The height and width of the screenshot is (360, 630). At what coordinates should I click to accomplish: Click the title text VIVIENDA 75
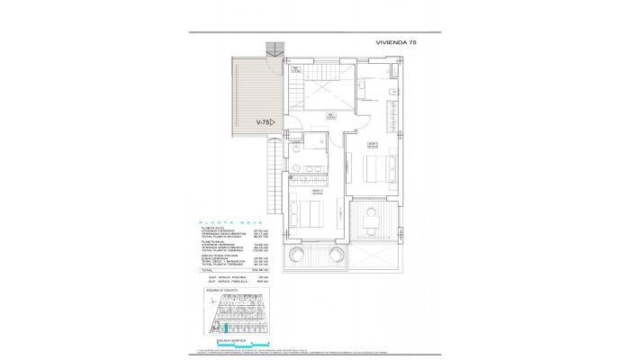(x=403, y=42)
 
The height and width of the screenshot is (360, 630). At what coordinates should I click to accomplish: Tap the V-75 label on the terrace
(x=263, y=121)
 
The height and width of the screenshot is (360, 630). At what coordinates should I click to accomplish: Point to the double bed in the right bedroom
(x=379, y=167)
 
